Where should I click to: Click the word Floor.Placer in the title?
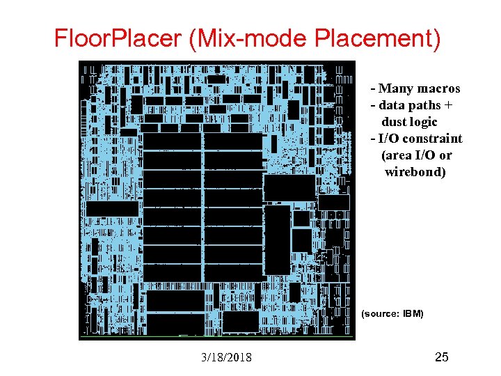click(x=117, y=39)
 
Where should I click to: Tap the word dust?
click(x=394, y=122)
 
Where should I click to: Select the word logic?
click(x=424, y=122)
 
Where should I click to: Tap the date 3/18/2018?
click(x=226, y=358)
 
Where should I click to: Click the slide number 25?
click(x=441, y=358)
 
